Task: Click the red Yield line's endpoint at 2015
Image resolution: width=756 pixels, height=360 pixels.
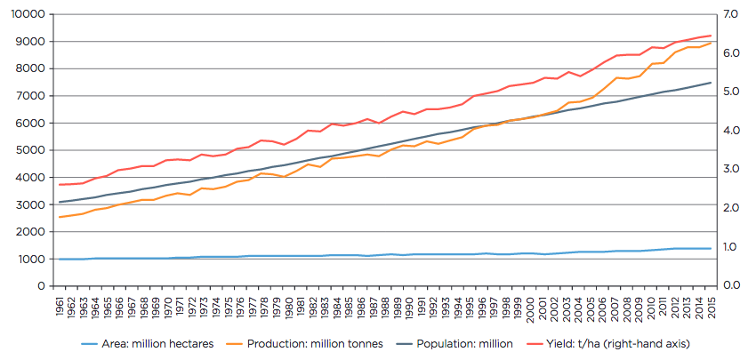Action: click(x=711, y=36)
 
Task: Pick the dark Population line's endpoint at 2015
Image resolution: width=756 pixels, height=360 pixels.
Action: click(x=711, y=83)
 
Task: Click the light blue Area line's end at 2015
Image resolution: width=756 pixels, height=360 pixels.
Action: click(x=711, y=248)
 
